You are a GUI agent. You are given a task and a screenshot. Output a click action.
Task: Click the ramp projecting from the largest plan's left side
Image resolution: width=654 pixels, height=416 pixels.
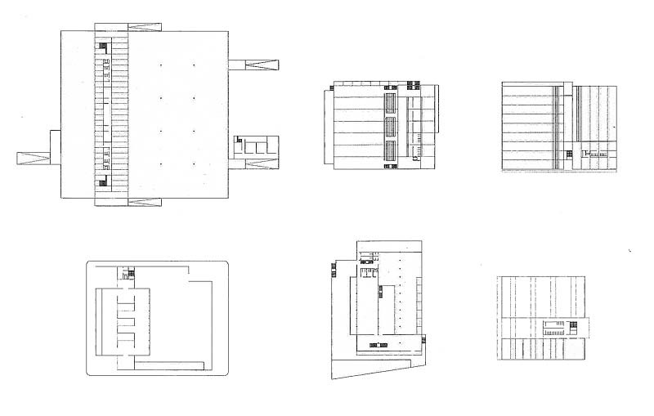[x=33, y=158]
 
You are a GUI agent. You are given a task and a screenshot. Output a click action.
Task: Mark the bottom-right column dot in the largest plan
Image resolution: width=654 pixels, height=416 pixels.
[x=195, y=165]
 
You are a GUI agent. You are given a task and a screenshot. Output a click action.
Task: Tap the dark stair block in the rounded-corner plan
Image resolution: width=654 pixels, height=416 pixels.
[x=127, y=275]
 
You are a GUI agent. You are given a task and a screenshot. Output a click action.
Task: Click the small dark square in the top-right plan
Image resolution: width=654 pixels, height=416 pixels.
[x=567, y=153]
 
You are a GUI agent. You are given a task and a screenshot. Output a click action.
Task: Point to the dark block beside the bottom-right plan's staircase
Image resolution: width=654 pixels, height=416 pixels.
[x=575, y=327]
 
